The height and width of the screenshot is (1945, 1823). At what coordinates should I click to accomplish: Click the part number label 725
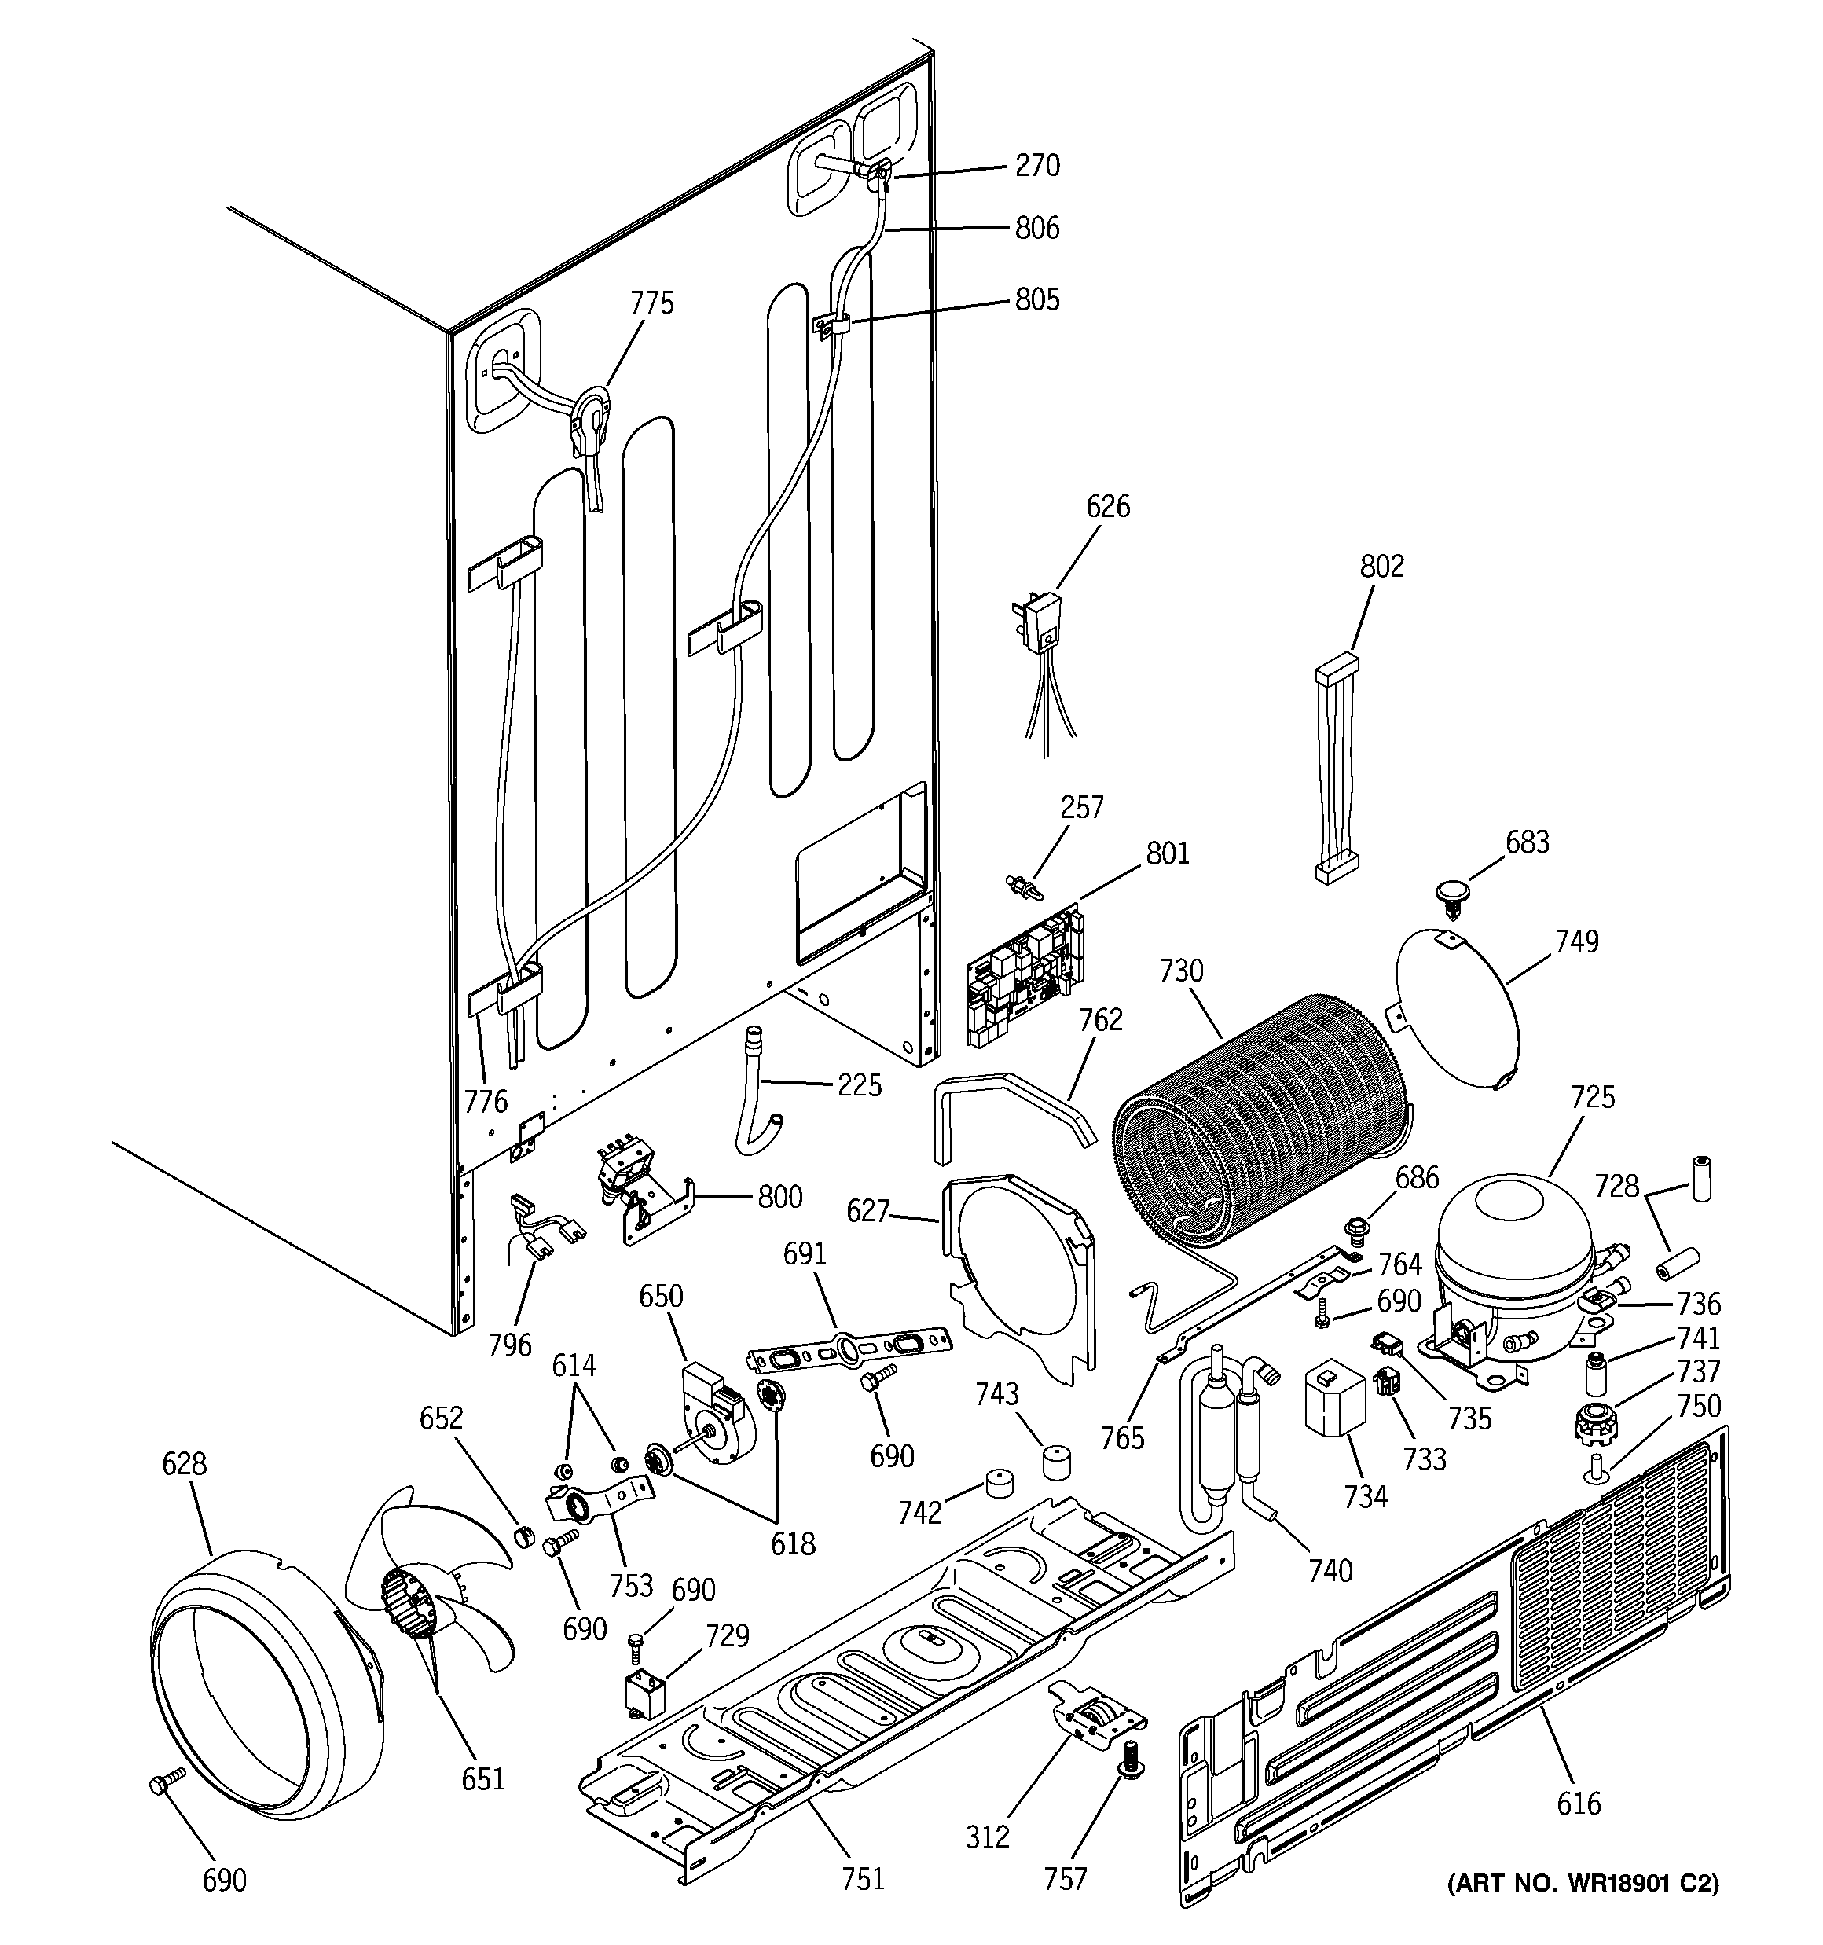click(x=1592, y=1098)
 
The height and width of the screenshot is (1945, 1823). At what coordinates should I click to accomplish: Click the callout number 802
click(x=1381, y=567)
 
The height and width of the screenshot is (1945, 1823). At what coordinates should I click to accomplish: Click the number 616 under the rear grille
click(x=1579, y=1802)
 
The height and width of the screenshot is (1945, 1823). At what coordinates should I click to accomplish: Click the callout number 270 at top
click(x=1037, y=167)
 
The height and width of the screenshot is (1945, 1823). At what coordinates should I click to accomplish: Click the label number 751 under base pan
click(x=862, y=1878)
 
